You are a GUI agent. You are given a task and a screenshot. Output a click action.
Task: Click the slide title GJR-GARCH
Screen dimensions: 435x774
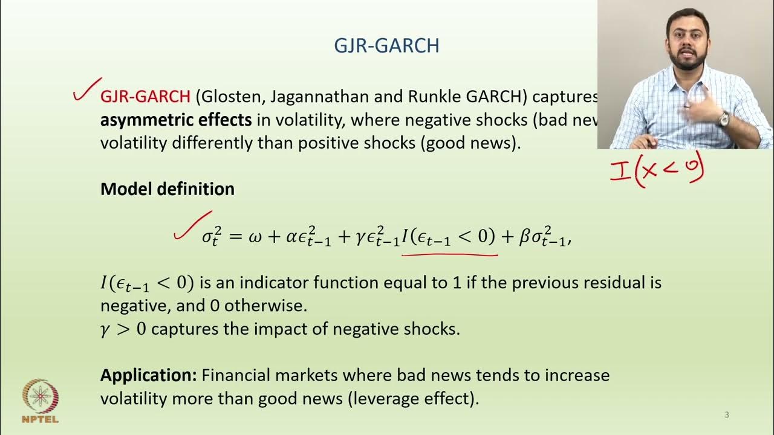tap(387, 46)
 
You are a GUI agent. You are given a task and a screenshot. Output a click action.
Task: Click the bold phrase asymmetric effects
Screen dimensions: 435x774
tap(176, 120)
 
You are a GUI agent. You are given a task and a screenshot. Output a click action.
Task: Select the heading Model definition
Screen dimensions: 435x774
tap(167, 189)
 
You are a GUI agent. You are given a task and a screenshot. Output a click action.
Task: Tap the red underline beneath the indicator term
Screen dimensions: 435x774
tap(449, 254)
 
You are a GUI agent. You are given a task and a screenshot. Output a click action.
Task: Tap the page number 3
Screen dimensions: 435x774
tap(727, 415)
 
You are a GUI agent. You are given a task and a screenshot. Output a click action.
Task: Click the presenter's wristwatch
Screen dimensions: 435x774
tap(723, 119)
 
